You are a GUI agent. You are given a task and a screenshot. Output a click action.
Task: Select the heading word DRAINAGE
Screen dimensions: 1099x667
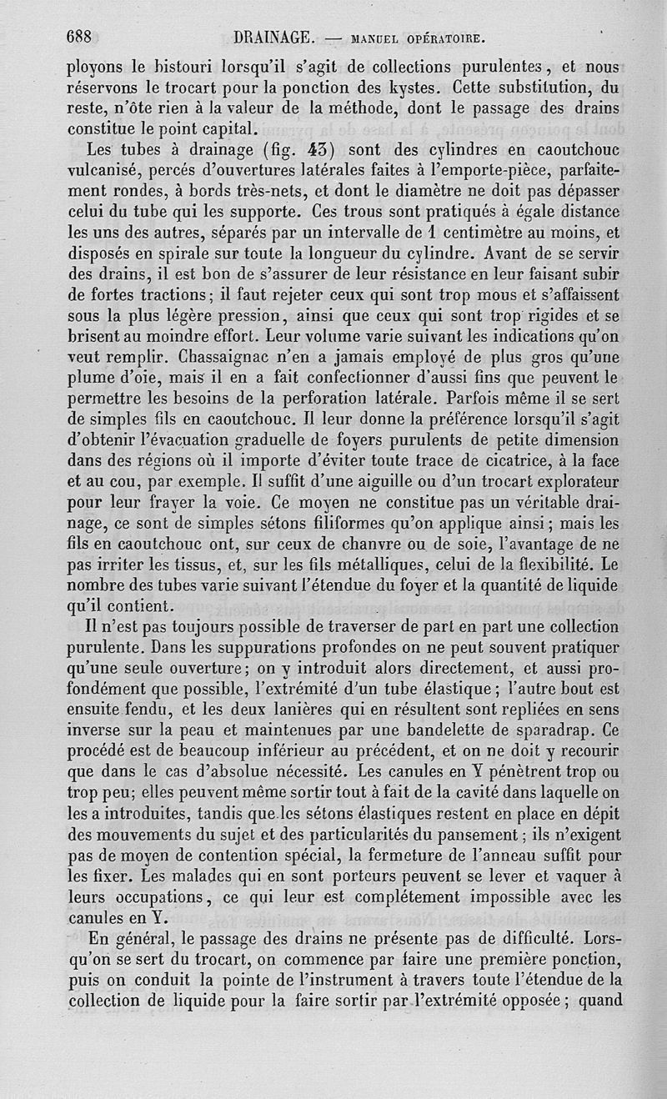pos(273,38)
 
